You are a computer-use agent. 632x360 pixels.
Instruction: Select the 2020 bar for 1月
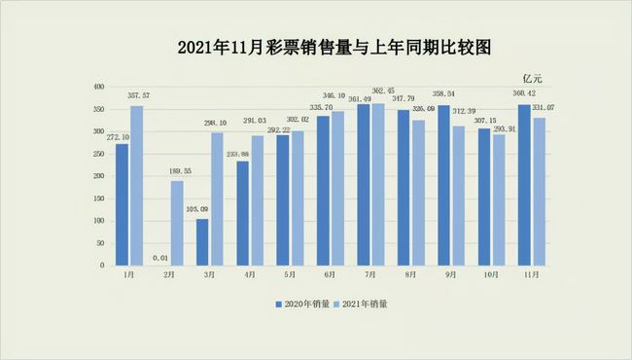122,204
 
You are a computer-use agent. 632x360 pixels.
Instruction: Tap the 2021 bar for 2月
176,223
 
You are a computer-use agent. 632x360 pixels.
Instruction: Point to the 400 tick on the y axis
97,87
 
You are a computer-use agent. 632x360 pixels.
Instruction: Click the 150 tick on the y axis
97,198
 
